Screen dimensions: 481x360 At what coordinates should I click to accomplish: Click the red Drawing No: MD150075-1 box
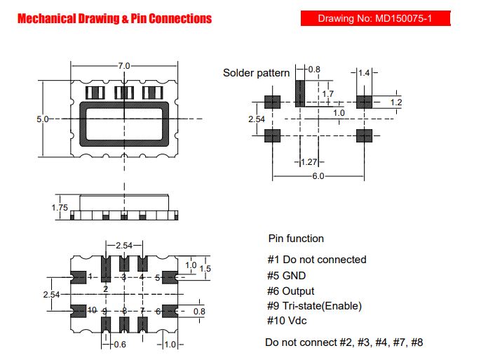[376, 18]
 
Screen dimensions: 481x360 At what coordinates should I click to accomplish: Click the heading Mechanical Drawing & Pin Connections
[115, 19]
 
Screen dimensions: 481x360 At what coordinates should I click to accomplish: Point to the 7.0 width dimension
[124, 66]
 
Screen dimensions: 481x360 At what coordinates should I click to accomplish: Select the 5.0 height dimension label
[42, 119]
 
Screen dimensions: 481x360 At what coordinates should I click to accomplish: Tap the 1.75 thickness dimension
[60, 208]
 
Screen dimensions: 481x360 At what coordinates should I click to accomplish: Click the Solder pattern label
[256, 73]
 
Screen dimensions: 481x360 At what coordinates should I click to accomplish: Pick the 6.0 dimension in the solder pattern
[318, 176]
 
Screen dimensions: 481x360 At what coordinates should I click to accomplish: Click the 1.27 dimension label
[309, 161]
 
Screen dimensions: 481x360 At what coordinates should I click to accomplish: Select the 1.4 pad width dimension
[364, 73]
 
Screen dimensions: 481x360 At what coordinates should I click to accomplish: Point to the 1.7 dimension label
[327, 93]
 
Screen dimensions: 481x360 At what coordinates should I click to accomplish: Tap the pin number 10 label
[92, 310]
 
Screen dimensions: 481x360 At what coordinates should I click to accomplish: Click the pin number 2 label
[105, 289]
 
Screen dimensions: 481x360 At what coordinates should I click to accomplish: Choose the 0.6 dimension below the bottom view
[120, 345]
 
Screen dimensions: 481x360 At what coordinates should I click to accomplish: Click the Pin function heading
[296, 239]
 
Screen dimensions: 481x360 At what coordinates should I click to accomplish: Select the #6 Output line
[290, 291]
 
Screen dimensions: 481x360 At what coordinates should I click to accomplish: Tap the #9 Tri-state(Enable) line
[314, 306]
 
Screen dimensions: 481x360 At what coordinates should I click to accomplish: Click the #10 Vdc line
[287, 321]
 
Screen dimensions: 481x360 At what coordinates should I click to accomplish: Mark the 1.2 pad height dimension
[395, 102]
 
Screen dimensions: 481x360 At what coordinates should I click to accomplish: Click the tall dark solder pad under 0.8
[300, 93]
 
